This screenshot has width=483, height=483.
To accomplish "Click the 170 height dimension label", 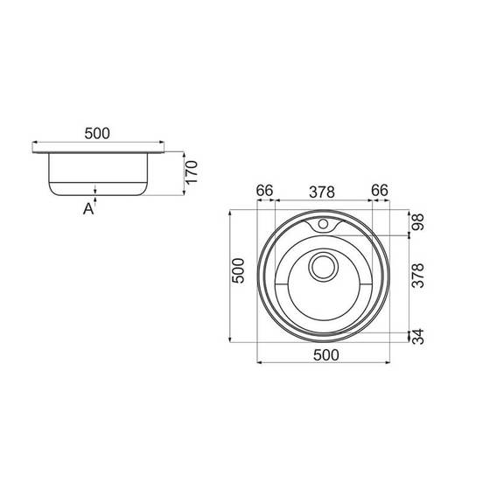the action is pos(192,171).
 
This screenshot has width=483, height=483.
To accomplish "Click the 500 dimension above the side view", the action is pos(97,133).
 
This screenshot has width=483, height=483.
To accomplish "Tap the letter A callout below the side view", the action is pos(88,209).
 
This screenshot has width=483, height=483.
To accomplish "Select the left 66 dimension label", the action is pos(264,191).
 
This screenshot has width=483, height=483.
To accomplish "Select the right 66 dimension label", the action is pos(380,191).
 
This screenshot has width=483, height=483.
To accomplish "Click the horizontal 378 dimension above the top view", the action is pos(322,192).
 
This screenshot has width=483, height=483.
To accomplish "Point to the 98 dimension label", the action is pos(418,221).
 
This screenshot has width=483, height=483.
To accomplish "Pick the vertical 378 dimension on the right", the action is pos(418,275).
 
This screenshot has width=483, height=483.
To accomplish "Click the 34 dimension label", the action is pos(418,336).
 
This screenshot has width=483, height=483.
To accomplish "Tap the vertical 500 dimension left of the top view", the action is pos(238,270).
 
